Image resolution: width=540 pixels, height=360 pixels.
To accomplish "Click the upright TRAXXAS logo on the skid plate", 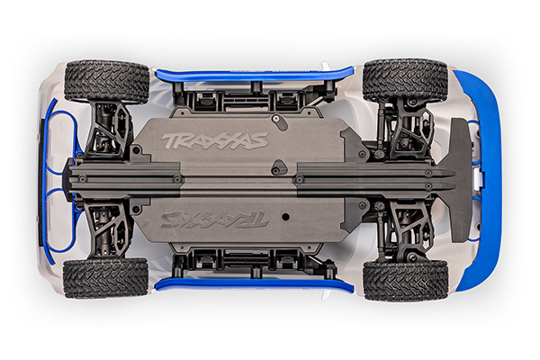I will tap(214, 140).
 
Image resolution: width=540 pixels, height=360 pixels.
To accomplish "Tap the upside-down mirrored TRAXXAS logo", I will tap(214, 219).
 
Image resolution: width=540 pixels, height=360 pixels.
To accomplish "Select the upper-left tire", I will tap(106, 81).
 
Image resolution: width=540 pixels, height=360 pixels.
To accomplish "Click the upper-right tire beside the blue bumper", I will tap(405, 81).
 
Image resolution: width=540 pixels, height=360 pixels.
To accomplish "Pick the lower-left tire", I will tap(106, 278).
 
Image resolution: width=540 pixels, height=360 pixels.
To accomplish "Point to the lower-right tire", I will tap(405, 280).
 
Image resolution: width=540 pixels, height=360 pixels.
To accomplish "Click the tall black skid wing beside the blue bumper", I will tap(458, 180).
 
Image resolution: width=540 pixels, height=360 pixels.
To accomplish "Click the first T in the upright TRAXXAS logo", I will tap(168, 140).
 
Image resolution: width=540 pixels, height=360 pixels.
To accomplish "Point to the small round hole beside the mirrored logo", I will tap(283, 213).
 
